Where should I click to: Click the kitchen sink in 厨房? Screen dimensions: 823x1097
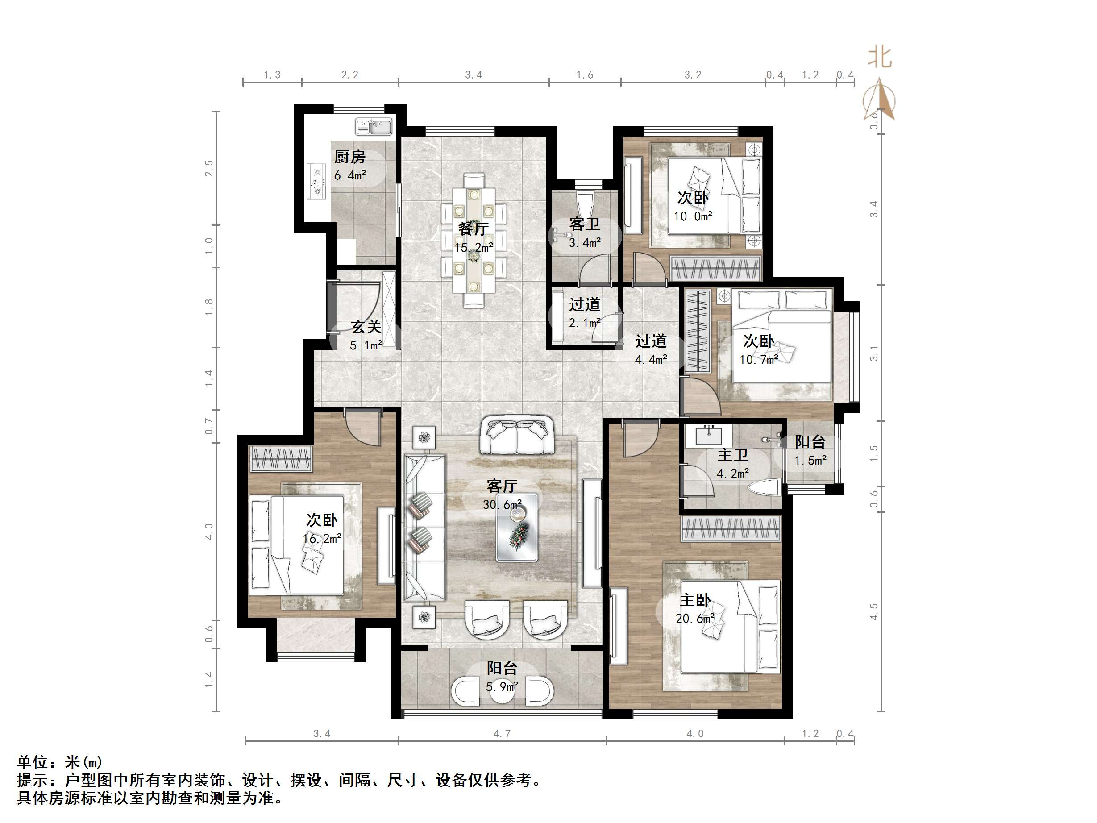click(374, 127)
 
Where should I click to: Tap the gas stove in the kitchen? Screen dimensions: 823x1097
click(316, 181)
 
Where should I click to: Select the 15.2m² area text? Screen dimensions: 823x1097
click(474, 247)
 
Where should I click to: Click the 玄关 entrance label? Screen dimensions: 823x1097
click(366, 326)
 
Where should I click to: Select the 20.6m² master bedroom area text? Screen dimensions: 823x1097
click(695, 618)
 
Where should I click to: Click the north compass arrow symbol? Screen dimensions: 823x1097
click(879, 99)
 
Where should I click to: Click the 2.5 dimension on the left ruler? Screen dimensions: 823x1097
click(209, 168)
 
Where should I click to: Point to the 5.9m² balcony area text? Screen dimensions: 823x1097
click(502, 686)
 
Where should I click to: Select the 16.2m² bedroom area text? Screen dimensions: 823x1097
click(322, 538)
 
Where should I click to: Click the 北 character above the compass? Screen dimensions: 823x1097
click(880, 58)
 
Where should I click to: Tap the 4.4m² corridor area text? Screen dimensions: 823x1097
click(651, 359)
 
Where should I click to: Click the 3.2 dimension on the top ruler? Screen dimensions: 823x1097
click(693, 75)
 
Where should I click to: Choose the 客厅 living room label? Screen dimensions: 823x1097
click(502, 486)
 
